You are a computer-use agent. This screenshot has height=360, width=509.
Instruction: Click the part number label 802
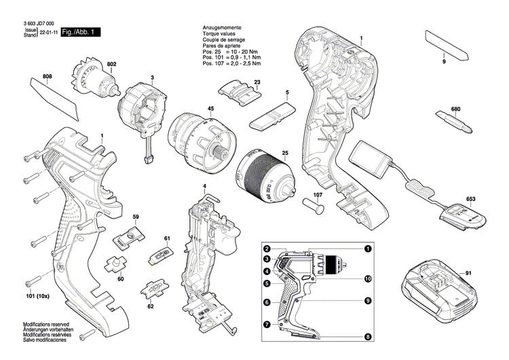point(111,64)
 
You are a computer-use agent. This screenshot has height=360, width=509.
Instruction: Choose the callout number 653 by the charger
point(471,199)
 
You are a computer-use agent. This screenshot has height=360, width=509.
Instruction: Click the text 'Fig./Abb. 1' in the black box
point(80,33)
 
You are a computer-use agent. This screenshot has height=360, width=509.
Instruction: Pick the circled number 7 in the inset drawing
point(267,324)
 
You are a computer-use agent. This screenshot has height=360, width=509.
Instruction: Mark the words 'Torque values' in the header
point(221,32)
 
